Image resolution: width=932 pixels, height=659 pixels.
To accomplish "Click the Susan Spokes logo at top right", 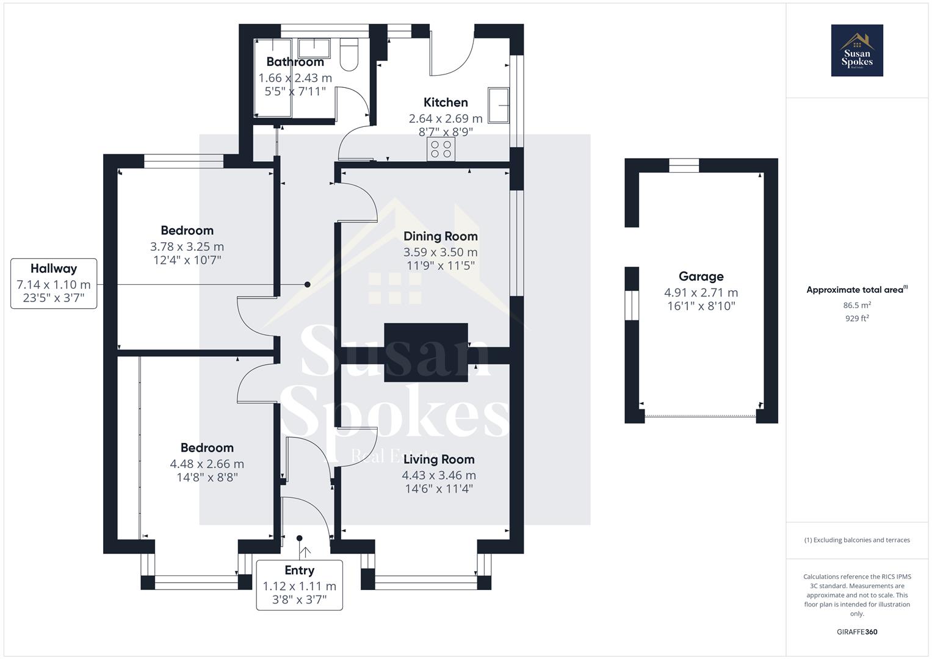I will click(x=856, y=51).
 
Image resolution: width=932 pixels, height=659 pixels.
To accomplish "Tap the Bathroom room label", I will click(x=295, y=62).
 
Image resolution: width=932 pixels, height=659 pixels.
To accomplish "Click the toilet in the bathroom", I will click(x=349, y=54).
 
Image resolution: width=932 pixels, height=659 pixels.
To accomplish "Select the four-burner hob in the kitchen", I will click(x=441, y=149).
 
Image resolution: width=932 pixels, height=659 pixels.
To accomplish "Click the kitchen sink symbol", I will click(x=498, y=105).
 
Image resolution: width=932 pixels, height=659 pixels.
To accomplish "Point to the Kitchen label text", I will click(x=446, y=103).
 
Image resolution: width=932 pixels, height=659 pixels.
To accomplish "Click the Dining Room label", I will click(x=440, y=236).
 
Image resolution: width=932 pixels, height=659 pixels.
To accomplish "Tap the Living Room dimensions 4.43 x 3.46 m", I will click(x=438, y=475).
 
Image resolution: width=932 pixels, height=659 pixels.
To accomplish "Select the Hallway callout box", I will click(x=54, y=283).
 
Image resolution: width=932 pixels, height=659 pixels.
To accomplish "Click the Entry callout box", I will click(x=299, y=585).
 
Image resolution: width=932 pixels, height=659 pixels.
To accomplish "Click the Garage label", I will click(x=701, y=276).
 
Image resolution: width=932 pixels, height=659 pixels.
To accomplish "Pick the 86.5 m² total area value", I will click(x=856, y=305).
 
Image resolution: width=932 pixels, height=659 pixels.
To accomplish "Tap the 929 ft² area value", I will click(x=856, y=319).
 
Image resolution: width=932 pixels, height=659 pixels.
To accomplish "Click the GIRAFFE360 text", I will click(x=856, y=632).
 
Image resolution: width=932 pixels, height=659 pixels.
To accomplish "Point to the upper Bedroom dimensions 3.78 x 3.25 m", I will click(x=187, y=247).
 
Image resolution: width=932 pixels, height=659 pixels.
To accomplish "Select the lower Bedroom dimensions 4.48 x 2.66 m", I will click(x=207, y=464).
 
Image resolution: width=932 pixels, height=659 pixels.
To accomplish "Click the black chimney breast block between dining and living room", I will click(x=425, y=353).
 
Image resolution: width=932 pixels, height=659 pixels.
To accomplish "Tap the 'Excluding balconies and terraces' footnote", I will click(x=856, y=540).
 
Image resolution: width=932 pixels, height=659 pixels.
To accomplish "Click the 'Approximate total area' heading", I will click(x=856, y=290).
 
